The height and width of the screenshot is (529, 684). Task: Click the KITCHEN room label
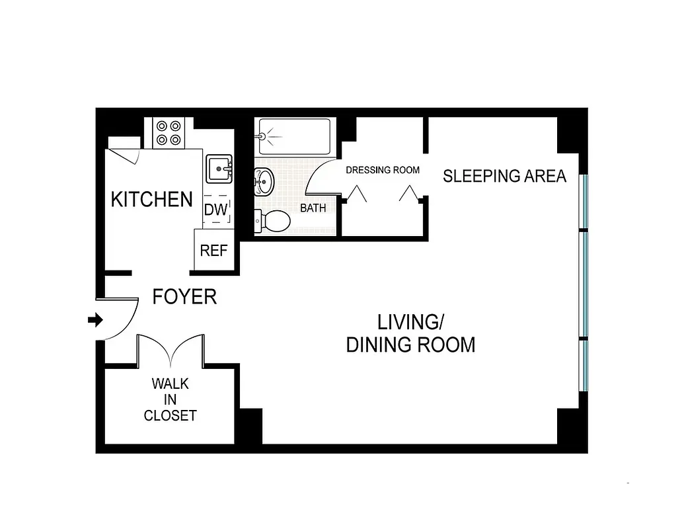151,199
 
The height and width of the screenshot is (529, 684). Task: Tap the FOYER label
184,297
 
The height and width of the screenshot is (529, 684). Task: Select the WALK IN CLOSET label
170,399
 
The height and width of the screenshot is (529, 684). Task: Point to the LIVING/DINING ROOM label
410,334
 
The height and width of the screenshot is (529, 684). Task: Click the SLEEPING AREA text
504,176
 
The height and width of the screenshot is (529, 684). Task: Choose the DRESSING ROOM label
383,170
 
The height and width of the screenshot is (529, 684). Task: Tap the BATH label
313,208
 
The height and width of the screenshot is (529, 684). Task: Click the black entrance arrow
96,321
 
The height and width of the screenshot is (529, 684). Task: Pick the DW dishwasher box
215,211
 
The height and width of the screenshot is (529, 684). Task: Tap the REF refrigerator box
213,252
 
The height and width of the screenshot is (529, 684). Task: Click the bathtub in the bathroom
294,137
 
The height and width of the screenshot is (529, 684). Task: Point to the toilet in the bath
272,221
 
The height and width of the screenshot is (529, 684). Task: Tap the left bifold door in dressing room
358,193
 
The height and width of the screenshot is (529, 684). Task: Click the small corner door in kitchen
124,154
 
